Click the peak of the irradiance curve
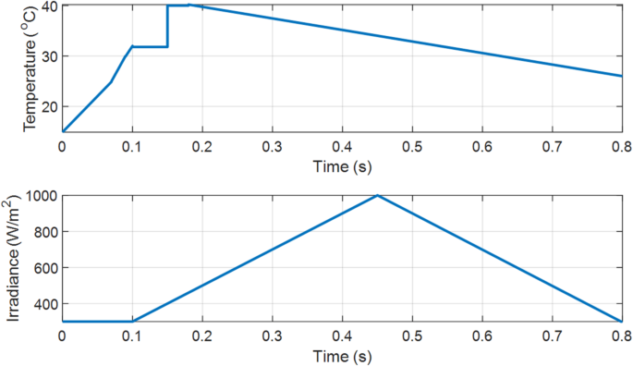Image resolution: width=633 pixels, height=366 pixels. click(377, 195)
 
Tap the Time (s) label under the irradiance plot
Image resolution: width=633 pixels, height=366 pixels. click(342, 355)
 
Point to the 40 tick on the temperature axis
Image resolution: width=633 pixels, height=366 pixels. click(49, 6)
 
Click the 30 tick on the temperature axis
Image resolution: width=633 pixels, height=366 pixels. click(49, 56)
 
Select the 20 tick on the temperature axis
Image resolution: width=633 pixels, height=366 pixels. click(49, 107)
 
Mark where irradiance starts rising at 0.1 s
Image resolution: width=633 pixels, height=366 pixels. click(132, 321)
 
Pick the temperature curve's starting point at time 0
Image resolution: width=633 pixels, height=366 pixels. click(63, 131)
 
